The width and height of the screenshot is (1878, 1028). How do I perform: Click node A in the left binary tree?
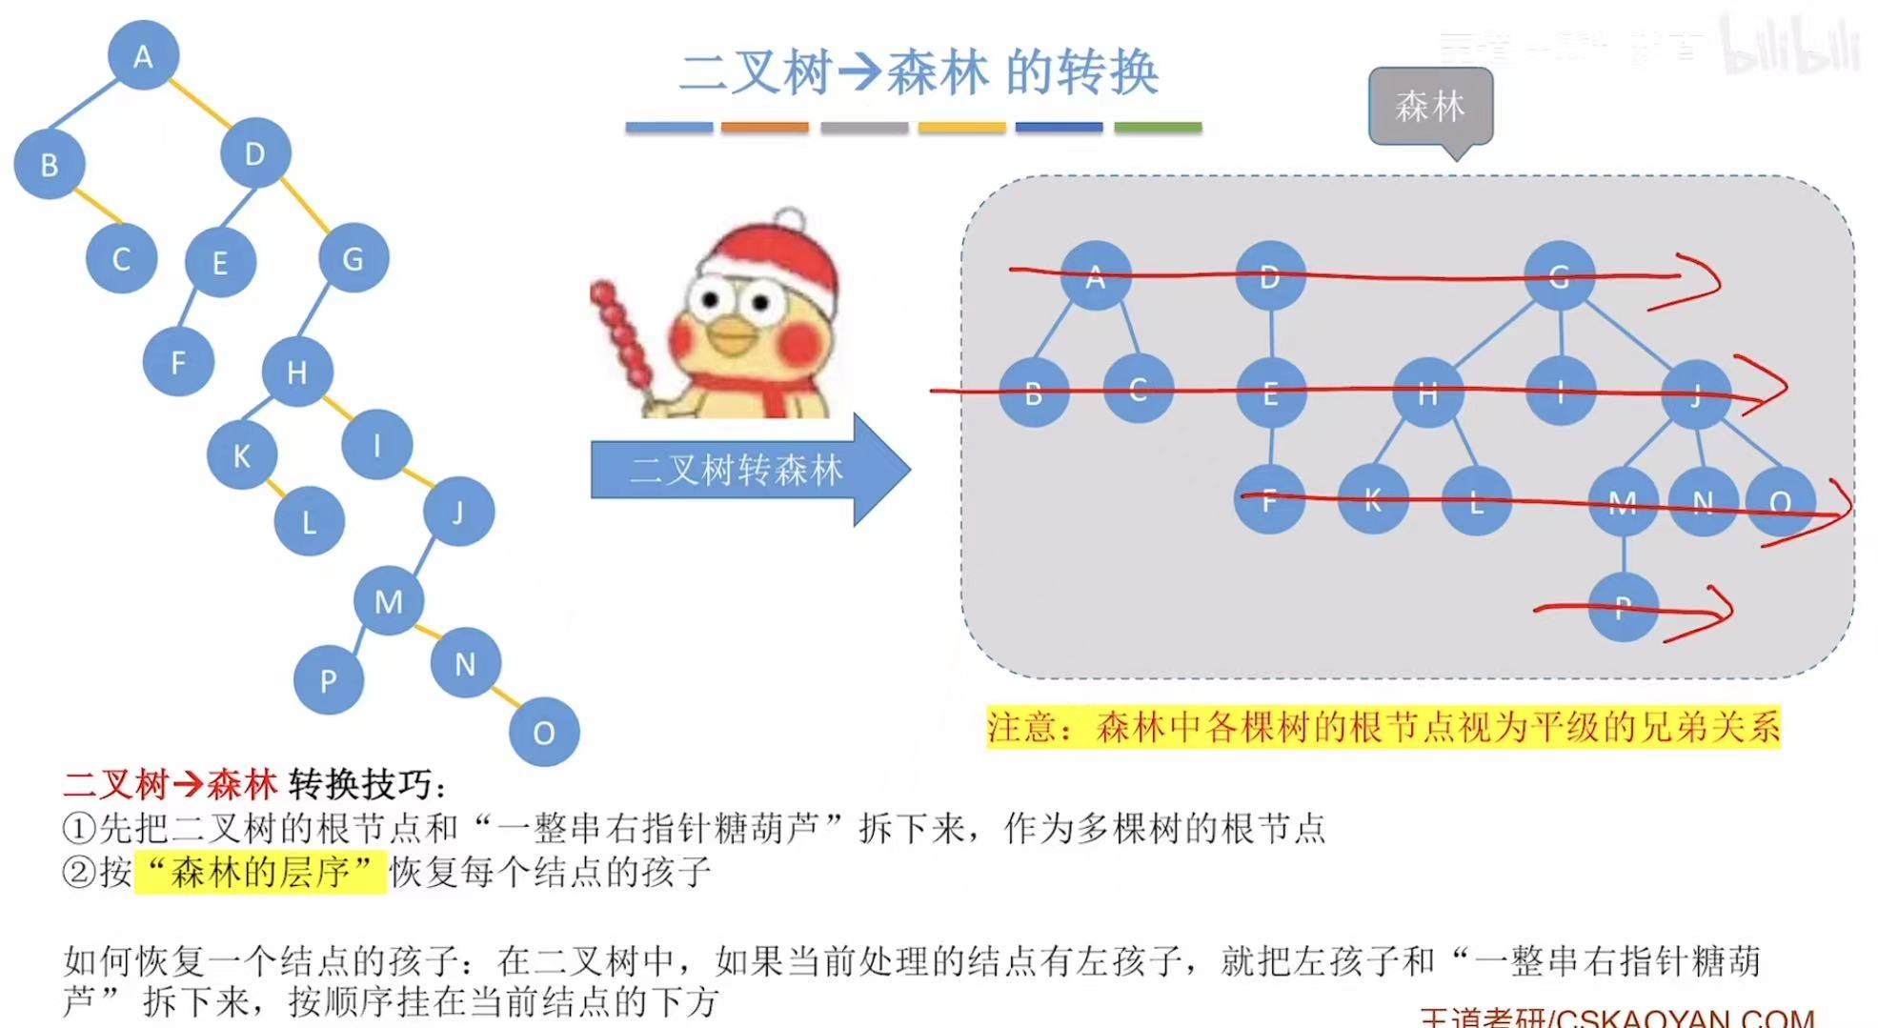[x=143, y=56]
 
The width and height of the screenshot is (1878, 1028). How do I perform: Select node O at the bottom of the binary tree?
[x=544, y=732]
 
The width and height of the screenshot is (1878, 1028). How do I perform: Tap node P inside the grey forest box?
[x=1624, y=607]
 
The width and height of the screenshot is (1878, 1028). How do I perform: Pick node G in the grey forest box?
[x=1559, y=276]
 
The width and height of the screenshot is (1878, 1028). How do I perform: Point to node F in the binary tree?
[x=178, y=361]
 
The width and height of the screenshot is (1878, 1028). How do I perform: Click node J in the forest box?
[x=1696, y=393]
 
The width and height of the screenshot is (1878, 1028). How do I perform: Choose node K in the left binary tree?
[x=242, y=455]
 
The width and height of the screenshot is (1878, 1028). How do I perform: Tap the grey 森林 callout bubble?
[x=1429, y=106]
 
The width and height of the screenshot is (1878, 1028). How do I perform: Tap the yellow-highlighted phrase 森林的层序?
[x=261, y=872]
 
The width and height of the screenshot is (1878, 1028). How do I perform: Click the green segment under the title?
[x=1157, y=127]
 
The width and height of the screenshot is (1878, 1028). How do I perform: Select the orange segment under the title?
[x=764, y=127]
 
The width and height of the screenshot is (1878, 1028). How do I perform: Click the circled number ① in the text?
[x=78, y=828]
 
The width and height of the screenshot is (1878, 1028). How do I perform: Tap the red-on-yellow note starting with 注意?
[x=1383, y=727]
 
